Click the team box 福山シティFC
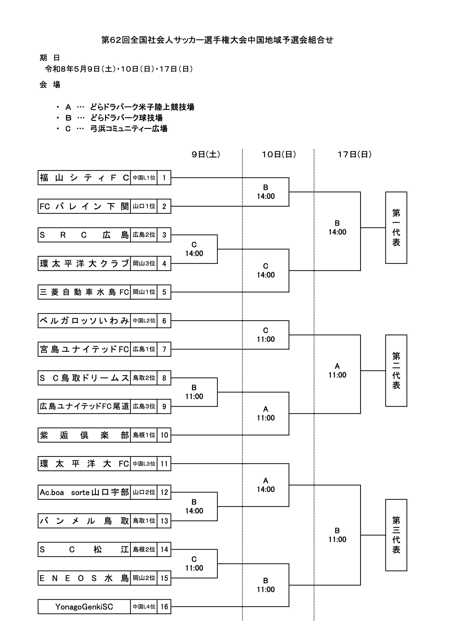pyautogui.click(x=84, y=178)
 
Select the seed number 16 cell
pyautogui.click(x=164, y=607)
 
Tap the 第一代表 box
pyautogui.click(x=396, y=227)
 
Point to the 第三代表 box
pyautogui.click(x=396, y=535)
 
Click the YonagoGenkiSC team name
pyautogui.click(x=84, y=607)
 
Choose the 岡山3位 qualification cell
pyautogui.click(x=144, y=263)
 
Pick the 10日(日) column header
pyautogui.click(x=279, y=154)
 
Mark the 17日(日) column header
pyautogui.click(x=355, y=154)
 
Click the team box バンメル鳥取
pyautogui.click(x=84, y=521)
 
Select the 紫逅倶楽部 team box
pyautogui.click(x=84, y=435)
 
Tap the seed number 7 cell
pyautogui.click(x=164, y=349)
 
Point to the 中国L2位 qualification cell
pyautogui.click(x=144, y=321)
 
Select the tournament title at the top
pyautogui.click(x=217, y=40)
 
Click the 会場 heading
pyautogui.click(x=50, y=85)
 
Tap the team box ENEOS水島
pyautogui.click(x=84, y=578)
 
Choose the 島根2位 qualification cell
pyautogui.click(x=144, y=549)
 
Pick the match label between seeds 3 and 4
pyautogui.click(x=194, y=249)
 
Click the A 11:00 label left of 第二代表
pyautogui.click(x=337, y=371)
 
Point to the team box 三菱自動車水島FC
pyautogui.click(x=84, y=292)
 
